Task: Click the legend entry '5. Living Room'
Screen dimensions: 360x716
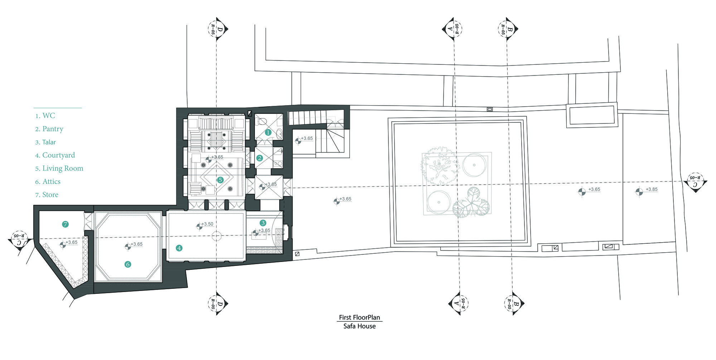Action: click(x=59, y=169)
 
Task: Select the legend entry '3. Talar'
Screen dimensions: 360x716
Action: click(x=45, y=142)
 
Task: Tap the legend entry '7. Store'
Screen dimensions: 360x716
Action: click(x=47, y=195)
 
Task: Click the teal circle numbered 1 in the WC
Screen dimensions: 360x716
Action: click(x=268, y=132)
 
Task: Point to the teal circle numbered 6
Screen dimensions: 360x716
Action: click(x=128, y=264)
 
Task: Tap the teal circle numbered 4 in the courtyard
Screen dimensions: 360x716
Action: click(x=179, y=248)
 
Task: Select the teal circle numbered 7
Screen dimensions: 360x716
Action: click(x=65, y=224)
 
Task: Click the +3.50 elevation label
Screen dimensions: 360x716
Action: click(x=207, y=224)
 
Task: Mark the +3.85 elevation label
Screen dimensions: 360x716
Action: click(x=652, y=189)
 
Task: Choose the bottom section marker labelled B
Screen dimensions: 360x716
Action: click(x=514, y=304)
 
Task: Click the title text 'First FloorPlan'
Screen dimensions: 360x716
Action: click(x=359, y=317)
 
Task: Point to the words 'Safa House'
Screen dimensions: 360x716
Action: click(x=359, y=326)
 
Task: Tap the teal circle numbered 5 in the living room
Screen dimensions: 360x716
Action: click(x=220, y=180)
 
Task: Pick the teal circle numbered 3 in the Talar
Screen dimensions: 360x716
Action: click(x=263, y=223)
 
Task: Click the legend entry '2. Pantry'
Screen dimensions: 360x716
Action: click(x=49, y=129)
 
